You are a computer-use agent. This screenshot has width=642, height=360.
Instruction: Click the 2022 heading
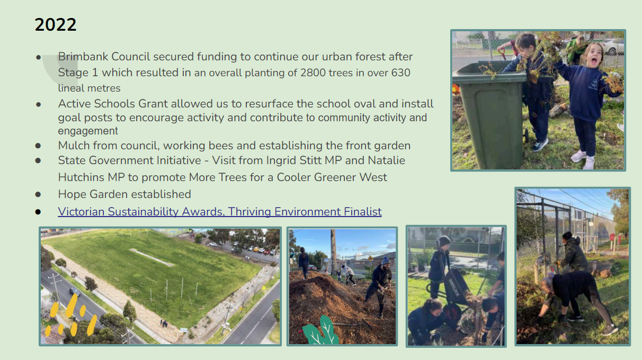56,25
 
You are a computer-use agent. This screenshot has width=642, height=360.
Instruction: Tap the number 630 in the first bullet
400,73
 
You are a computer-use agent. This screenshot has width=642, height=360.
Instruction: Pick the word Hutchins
81,177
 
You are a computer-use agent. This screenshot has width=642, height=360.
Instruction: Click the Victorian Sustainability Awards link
219,212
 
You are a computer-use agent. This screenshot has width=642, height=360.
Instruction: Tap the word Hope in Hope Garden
72,194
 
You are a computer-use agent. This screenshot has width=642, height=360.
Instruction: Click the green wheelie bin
491,114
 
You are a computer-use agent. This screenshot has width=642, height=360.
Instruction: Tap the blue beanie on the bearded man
386,260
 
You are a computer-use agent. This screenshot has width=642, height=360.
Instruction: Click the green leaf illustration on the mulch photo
319,331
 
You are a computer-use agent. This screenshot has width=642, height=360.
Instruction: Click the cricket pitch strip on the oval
152,257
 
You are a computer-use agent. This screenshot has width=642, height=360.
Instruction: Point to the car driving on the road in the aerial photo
75,291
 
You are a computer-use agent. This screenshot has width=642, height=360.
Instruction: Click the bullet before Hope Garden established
38,195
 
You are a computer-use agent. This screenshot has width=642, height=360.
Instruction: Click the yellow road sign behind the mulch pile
370,258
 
